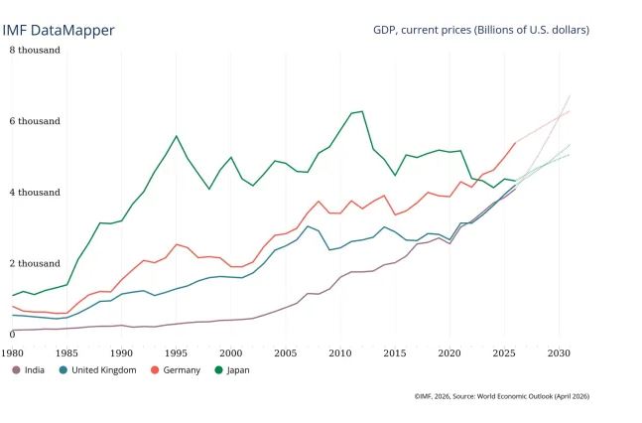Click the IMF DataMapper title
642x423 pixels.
tap(59, 30)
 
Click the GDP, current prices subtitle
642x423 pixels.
tap(481, 30)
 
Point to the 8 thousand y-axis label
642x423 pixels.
tap(36, 50)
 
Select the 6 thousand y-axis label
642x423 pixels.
tap(36, 121)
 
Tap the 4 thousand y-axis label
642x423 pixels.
tap(36, 192)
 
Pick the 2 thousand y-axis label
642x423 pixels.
tap(36, 263)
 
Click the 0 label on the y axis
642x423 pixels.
tap(12, 335)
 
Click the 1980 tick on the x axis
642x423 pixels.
tap(13, 352)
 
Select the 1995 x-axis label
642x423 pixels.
tap(177, 352)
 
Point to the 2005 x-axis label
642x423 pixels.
tap(286, 352)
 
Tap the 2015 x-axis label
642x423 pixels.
tap(395, 352)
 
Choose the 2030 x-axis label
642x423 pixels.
tap(559, 352)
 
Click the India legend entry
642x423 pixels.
tap(32, 370)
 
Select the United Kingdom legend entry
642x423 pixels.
tap(97, 370)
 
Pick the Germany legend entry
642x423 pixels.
tap(180, 370)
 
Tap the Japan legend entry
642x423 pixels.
tap(235, 370)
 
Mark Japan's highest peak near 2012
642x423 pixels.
tap(362, 111)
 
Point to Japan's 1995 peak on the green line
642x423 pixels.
tap(177, 136)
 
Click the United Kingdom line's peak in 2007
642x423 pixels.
tap(308, 226)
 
